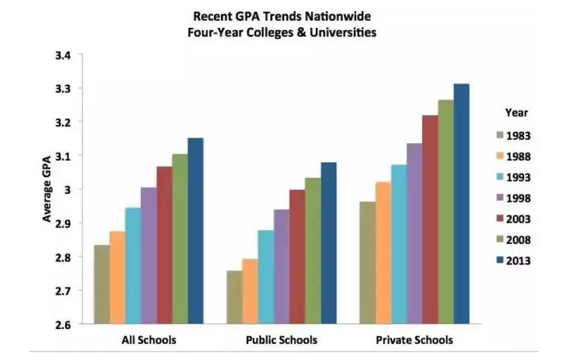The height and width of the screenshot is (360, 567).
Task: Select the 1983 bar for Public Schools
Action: click(234, 297)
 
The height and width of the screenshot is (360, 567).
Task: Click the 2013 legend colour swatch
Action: click(500, 261)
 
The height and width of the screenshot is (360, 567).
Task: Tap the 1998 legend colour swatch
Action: click(500, 198)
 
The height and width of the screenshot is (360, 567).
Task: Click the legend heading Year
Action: click(516, 113)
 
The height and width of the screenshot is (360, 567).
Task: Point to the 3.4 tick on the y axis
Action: click(64, 55)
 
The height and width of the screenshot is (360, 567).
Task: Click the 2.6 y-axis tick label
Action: click(64, 325)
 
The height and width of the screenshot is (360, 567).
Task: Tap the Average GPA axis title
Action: click(46, 190)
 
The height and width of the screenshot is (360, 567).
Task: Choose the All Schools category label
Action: click(149, 340)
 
